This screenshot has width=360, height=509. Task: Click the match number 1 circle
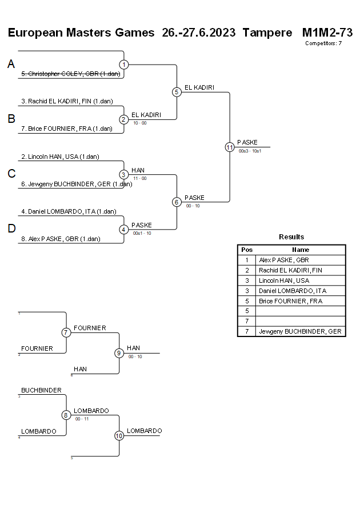124,65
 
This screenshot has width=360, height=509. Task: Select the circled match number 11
230,147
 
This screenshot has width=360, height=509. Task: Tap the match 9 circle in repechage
119,353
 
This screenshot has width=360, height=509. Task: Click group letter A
11,65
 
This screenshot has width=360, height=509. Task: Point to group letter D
11,229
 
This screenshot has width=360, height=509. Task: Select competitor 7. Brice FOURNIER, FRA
67,129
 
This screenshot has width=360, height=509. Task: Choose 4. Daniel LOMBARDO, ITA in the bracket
69,211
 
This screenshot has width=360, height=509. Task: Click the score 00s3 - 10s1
250,151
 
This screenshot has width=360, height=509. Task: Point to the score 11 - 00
139,178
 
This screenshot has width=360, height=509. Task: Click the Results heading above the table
291,237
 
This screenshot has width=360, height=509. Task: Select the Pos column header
247,250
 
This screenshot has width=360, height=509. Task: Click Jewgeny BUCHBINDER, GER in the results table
300,331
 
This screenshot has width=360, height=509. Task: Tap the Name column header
301,250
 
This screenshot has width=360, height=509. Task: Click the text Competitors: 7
323,43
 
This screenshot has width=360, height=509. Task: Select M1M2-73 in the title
327,33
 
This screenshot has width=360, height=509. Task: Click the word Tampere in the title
267,33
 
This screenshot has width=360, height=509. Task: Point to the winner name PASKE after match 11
247,142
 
